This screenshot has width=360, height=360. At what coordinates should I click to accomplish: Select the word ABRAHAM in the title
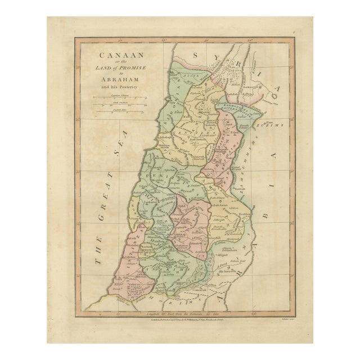tap(118, 79)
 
